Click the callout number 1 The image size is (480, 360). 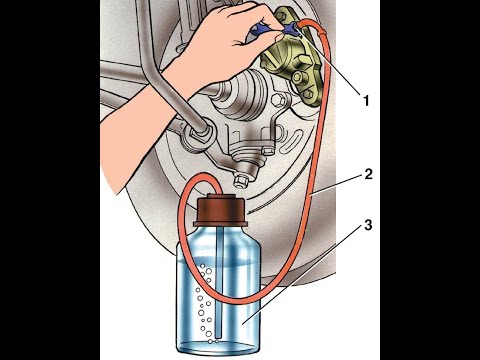click(x=366, y=101)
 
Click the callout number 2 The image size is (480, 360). click(x=368, y=174)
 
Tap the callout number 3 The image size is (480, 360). click(x=368, y=225)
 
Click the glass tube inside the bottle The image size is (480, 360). click(x=219, y=280)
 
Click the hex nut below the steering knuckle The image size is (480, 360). click(x=240, y=181)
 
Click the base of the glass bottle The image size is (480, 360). click(x=218, y=347)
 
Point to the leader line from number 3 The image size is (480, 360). click(x=302, y=273)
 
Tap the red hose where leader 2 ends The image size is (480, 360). click(x=311, y=194)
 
